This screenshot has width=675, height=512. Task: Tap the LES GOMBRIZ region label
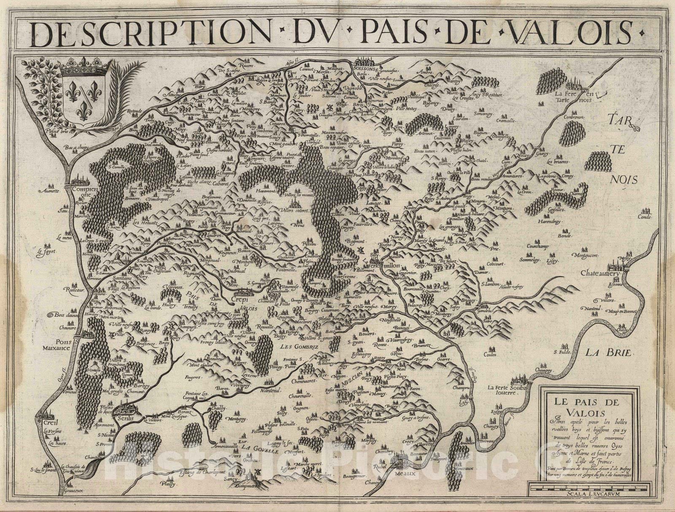pyautogui.click(x=295, y=346)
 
